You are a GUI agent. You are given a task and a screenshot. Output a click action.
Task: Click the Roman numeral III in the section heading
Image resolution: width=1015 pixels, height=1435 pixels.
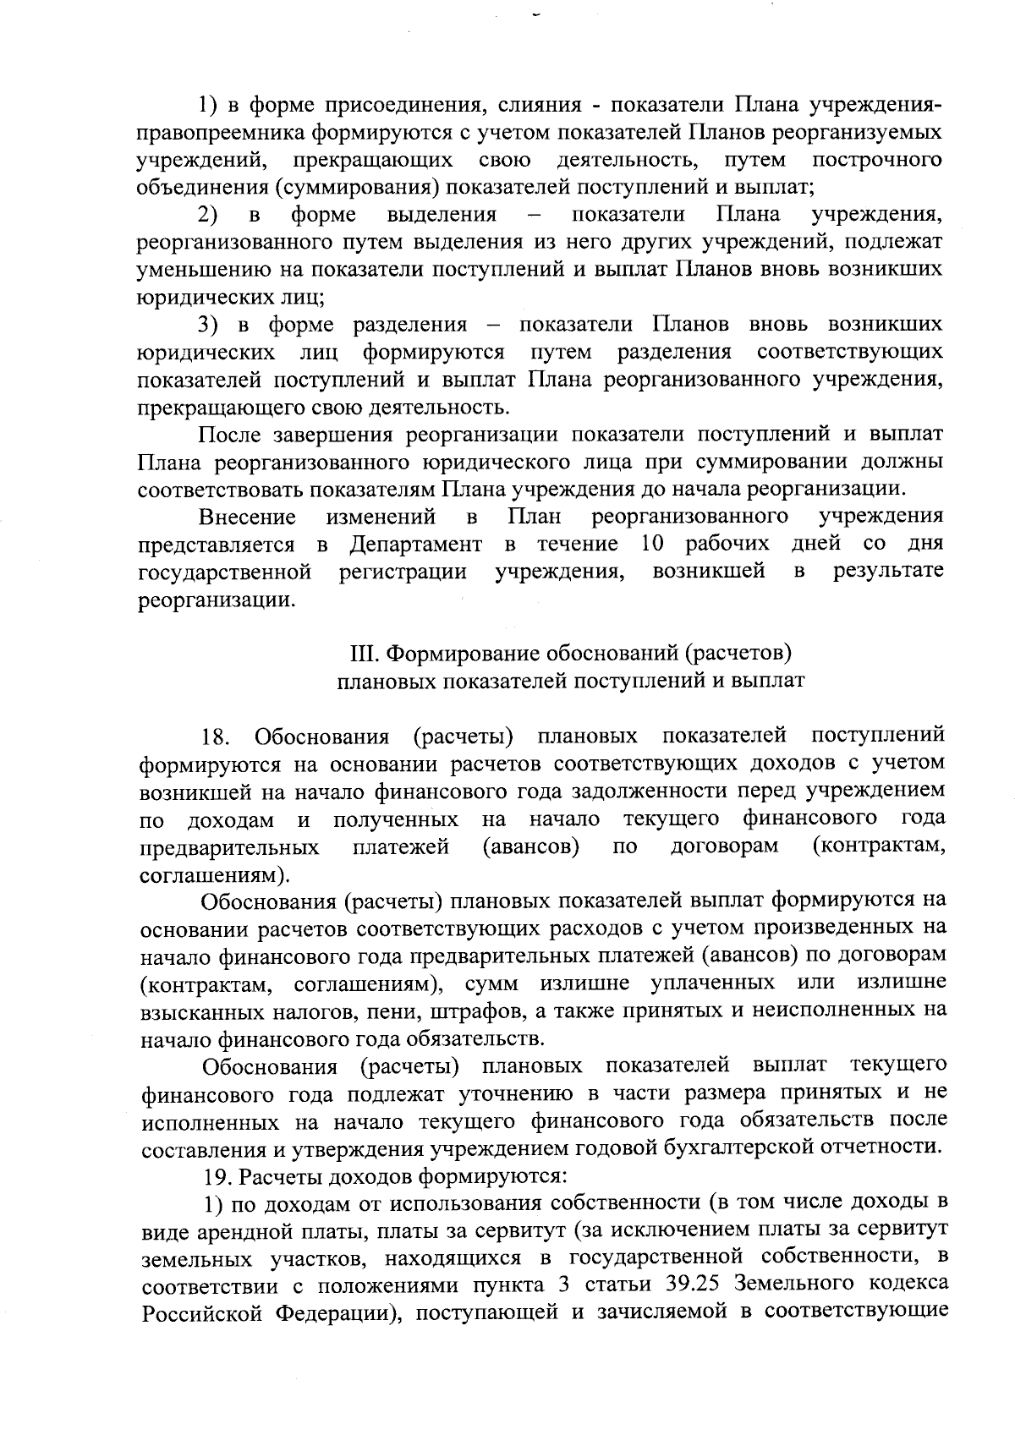click(361, 654)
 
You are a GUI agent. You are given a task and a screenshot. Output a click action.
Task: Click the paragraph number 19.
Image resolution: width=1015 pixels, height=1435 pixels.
click(220, 1176)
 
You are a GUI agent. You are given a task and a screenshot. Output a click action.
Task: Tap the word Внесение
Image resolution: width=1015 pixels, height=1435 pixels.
click(247, 517)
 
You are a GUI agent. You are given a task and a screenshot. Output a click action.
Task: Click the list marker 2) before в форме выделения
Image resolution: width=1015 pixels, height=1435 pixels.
click(208, 215)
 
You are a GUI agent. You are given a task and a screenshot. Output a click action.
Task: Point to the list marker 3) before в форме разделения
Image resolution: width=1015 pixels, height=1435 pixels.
click(208, 326)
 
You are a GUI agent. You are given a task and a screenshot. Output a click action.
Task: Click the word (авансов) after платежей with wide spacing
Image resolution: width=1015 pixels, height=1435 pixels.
click(530, 846)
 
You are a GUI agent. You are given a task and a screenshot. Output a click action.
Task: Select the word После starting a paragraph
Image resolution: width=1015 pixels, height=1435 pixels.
click(229, 435)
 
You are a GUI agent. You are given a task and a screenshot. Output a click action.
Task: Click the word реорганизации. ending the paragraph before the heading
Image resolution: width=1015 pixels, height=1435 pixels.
click(217, 600)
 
